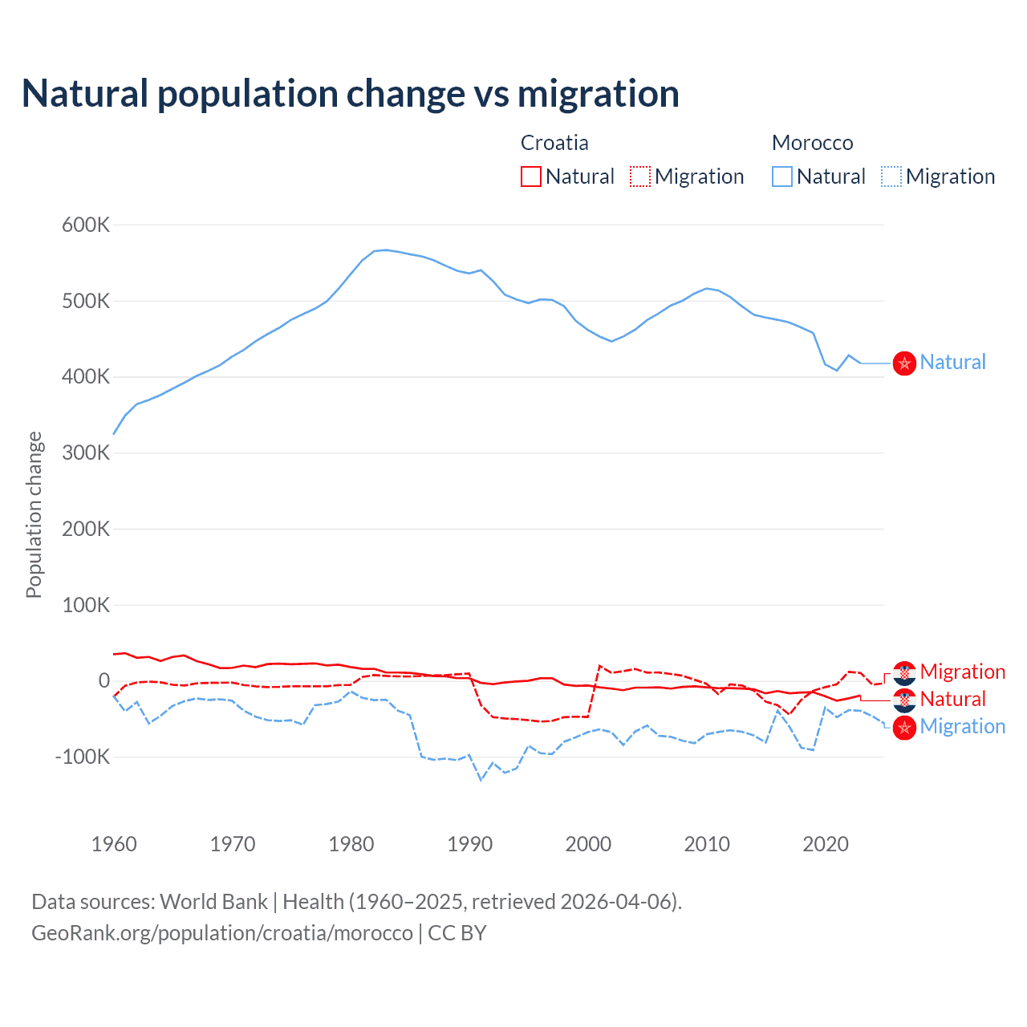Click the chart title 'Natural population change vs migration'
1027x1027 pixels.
(x=351, y=94)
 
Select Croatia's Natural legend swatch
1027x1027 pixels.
(x=530, y=177)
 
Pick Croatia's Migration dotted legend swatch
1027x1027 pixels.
(x=640, y=177)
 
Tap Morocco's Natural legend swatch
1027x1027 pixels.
(x=781, y=177)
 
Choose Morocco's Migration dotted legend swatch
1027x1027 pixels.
(x=891, y=177)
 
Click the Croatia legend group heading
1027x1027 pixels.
(x=554, y=143)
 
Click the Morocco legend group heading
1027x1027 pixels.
(x=812, y=143)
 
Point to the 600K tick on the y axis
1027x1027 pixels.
(x=86, y=225)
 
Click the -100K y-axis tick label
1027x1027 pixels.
(x=82, y=757)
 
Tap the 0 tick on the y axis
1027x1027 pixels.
(x=104, y=680)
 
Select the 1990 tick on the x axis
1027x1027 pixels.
(x=470, y=844)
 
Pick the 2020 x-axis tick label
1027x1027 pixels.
(x=826, y=844)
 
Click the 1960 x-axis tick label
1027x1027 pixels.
(x=115, y=844)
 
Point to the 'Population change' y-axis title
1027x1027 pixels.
(x=34, y=514)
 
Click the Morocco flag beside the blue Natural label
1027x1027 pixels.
(x=904, y=363)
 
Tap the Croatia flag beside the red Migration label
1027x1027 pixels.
(x=904, y=672)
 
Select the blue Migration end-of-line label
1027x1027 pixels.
(x=962, y=726)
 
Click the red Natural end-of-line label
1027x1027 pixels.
(x=952, y=699)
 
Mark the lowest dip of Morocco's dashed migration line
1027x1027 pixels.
(x=481, y=779)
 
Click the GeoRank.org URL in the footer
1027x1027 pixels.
(x=222, y=933)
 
